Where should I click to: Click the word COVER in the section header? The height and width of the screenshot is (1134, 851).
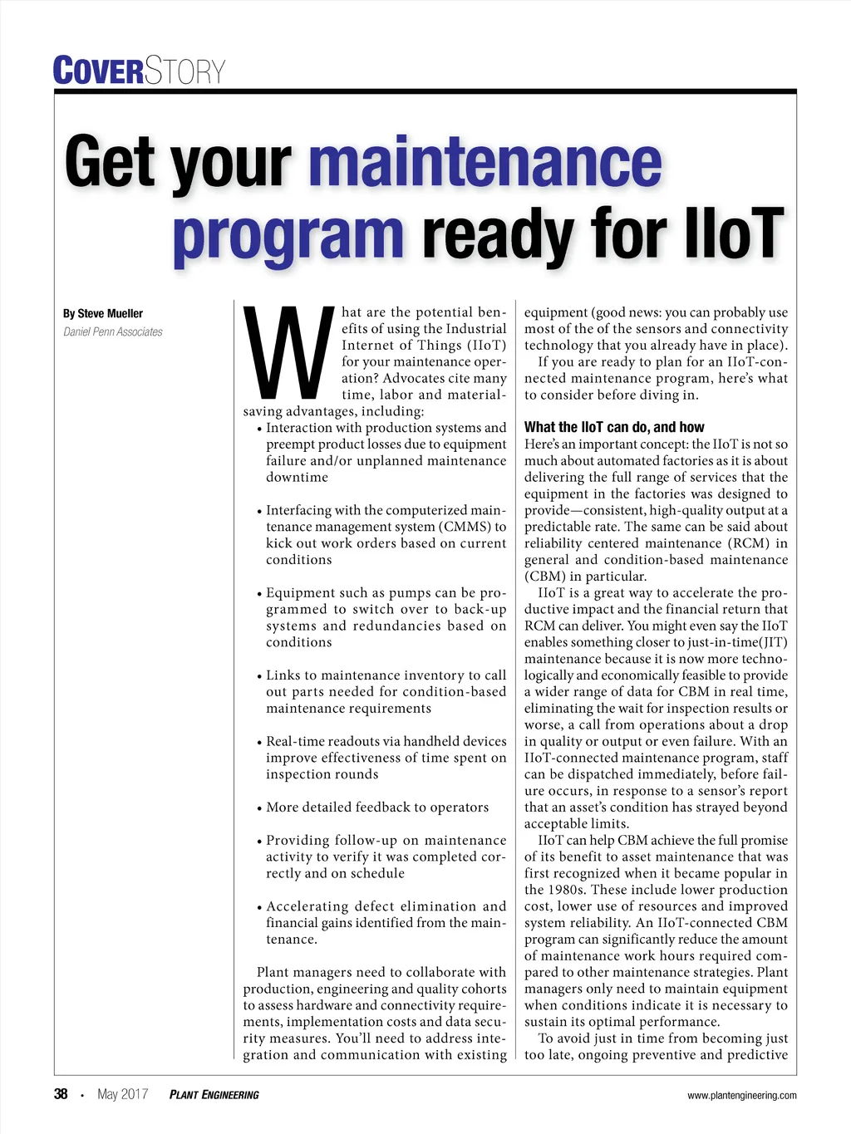[x=98, y=71]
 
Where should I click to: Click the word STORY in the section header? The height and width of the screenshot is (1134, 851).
[x=185, y=71]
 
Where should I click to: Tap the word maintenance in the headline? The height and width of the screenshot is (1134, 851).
[x=485, y=163]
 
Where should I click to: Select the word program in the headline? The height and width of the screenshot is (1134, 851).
[x=288, y=235]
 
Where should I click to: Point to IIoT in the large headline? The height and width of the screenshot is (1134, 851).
[x=733, y=233]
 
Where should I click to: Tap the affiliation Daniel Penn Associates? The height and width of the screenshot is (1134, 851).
[x=113, y=332]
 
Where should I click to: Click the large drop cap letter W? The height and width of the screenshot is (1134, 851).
[x=288, y=353]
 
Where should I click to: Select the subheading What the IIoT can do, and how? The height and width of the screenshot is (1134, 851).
[x=613, y=427]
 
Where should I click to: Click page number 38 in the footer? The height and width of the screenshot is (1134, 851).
[x=61, y=1094]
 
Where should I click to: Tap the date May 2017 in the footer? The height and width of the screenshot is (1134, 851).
[x=122, y=1094]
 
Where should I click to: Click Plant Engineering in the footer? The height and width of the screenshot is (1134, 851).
[x=214, y=1095]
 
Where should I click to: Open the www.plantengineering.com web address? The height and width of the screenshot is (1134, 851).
[x=741, y=1096]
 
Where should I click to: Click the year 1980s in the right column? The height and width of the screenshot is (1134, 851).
[x=565, y=890]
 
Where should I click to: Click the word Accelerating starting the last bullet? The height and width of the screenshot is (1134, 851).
[x=307, y=906]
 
